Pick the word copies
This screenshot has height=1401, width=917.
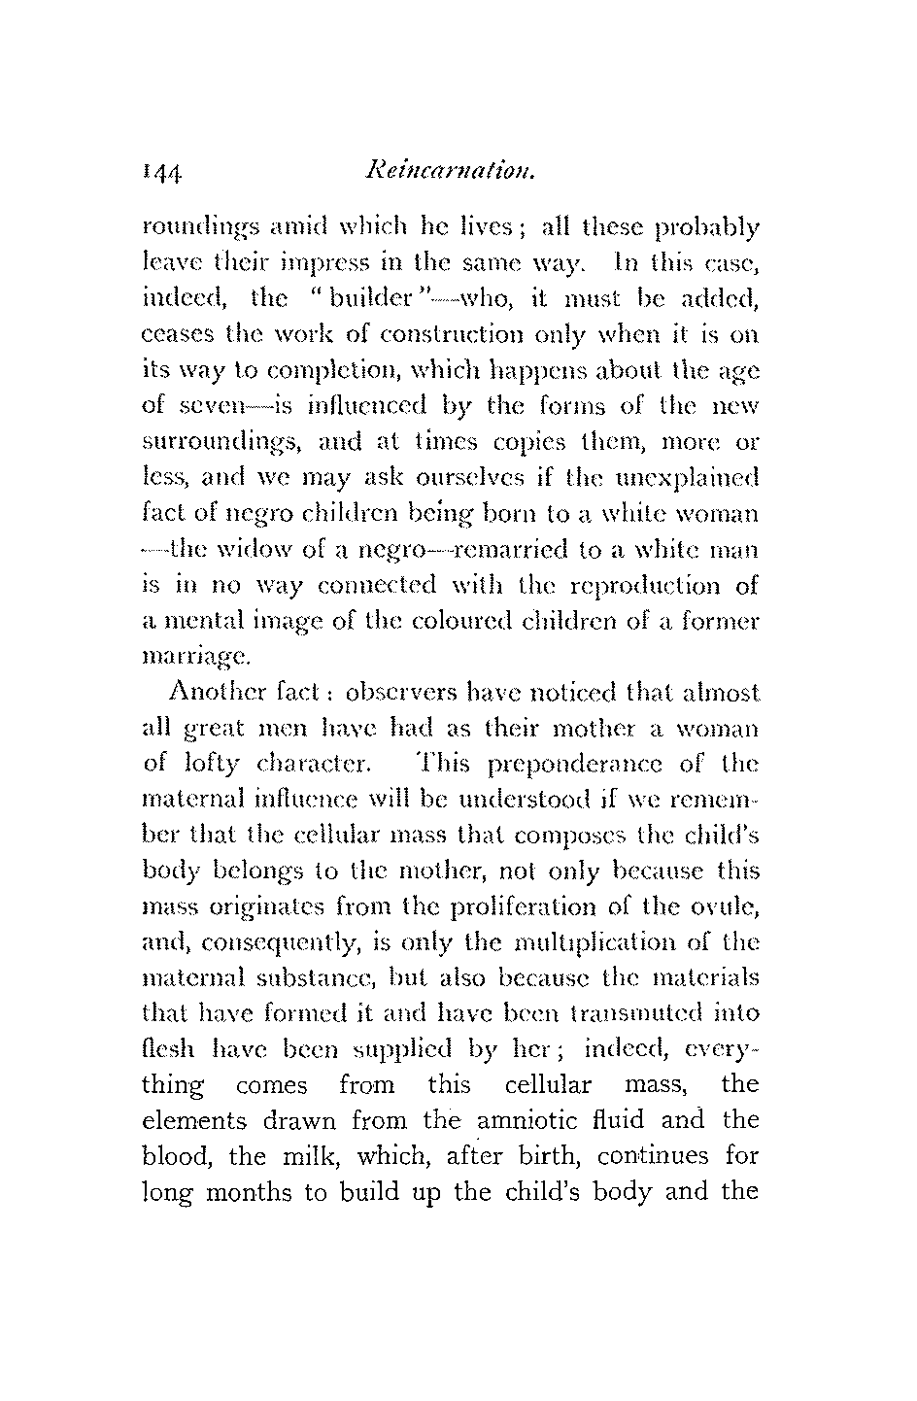tap(545, 444)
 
